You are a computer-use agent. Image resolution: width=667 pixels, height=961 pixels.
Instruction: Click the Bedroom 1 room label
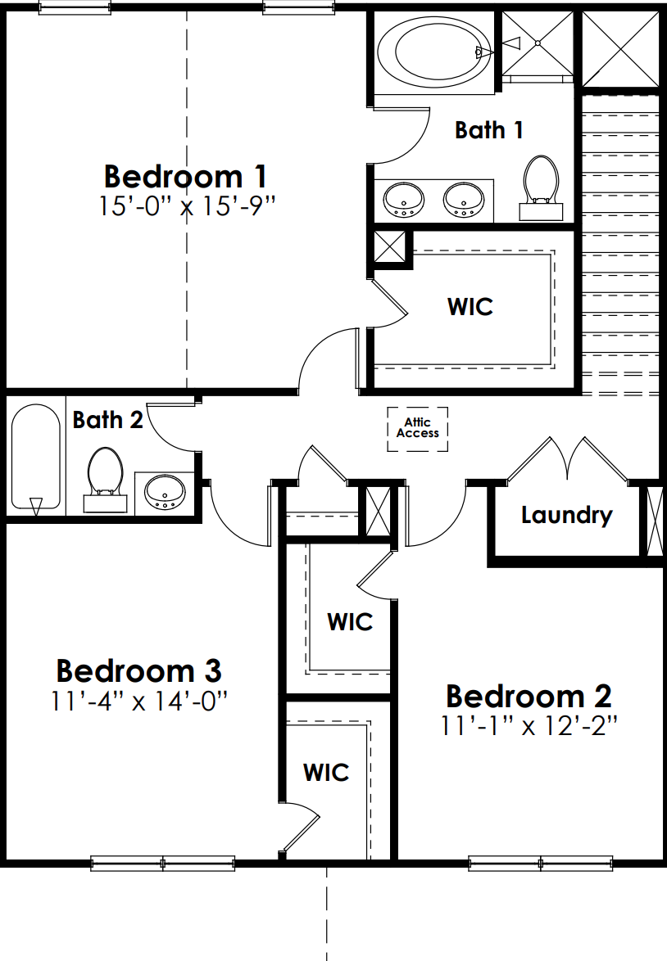tap(185, 177)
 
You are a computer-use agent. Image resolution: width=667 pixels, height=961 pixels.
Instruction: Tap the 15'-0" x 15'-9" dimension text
tap(185, 206)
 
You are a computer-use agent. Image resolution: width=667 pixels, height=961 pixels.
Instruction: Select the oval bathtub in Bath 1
tap(434, 52)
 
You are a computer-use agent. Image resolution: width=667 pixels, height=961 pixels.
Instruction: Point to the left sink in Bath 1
tap(404, 200)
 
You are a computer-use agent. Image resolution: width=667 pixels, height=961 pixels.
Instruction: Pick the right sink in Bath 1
tap(464, 200)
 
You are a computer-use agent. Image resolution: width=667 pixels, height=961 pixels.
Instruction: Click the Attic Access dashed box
tap(417, 429)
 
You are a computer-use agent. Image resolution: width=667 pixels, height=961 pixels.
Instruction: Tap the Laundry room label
tap(566, 515)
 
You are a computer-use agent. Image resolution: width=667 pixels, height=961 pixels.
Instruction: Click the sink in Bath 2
tap(165, 492)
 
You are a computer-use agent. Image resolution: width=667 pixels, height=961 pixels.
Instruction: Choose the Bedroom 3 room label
tap(138, 670)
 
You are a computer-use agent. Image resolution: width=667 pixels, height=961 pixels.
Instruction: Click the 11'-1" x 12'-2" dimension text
tap(529, 726)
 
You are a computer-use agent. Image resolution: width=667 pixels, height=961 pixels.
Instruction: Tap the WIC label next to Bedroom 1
tap(470, 306)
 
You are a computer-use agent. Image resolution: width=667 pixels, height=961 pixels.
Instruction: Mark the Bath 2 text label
tap(107, 420)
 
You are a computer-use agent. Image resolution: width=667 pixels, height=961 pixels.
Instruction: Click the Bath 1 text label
tap(489, 130)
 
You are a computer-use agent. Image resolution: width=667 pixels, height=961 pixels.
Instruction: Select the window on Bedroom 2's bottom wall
tap(541, 864)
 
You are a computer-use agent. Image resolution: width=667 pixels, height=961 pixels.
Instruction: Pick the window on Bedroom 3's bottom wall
tap(162, 864)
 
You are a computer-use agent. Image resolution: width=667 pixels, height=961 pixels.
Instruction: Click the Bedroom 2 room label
tap(529, 697)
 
